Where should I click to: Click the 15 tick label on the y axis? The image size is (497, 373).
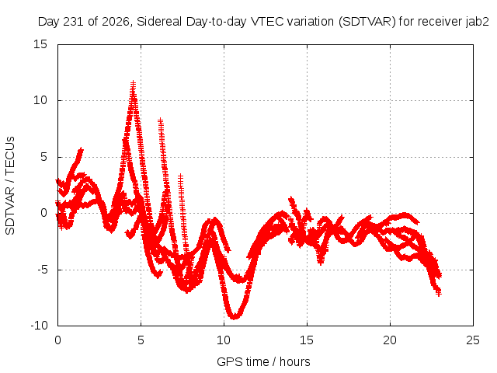coord(40,44)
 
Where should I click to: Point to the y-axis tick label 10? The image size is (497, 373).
coord(40,100)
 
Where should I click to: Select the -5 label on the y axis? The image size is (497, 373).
coord(43,270)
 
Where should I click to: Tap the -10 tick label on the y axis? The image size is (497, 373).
coord(40,326)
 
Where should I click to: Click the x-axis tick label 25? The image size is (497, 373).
coord(473,340)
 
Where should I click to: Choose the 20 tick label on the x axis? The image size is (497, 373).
coord(390,340)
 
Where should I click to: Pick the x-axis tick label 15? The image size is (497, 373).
coord(307,340)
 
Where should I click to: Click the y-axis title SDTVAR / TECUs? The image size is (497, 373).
coord(10,186)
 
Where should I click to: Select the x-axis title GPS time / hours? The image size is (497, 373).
coord(263,361)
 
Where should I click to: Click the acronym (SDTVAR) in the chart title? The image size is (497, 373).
coord(367,22)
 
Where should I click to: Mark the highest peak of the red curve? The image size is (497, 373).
coord(133,82)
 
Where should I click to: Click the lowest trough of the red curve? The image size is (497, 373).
coord(235,317)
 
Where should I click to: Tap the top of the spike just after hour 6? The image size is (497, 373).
coord(161,120)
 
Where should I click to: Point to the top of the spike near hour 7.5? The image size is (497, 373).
coord(180,175)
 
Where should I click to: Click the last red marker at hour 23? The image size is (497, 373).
coord(439,295)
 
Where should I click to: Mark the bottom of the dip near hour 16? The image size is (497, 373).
coord(321,263)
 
